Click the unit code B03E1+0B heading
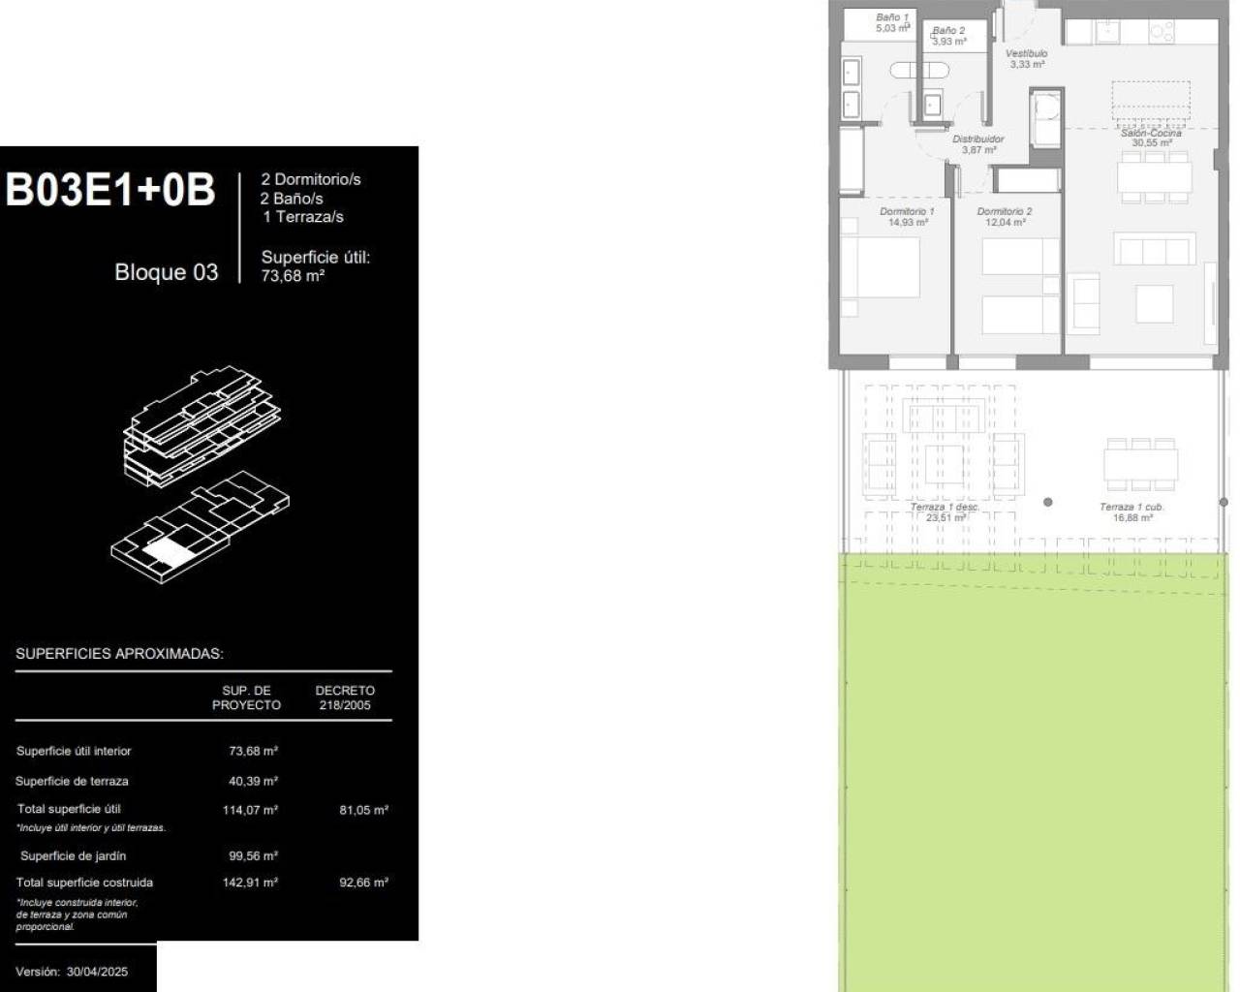[110, 191]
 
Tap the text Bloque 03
[166, 272]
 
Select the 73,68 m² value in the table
[253, 751]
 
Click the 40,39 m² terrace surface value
[253, 781]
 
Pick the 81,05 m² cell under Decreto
[363, 810]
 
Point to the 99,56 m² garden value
[253, 856]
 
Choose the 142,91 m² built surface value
[250, 883]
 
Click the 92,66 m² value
[363, 883]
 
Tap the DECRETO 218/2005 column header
[345, 697]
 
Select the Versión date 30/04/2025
[97, 972]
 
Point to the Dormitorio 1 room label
[907, 216]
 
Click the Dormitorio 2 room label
[1005, 216]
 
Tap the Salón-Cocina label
[1151, 138]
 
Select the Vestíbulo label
[1026, 58]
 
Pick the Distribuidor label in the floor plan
[977, 144]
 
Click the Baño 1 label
[892, 22]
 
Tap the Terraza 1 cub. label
[1131, 511]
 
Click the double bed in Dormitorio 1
[880, 266]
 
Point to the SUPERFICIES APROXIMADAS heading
[119, 654]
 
